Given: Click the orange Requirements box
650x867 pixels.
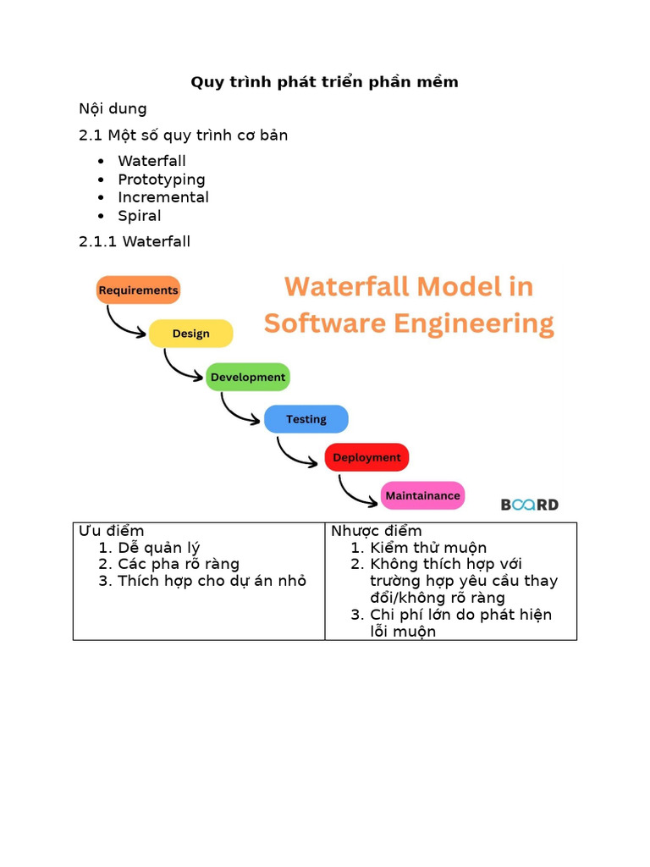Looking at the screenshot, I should tap(138, 290).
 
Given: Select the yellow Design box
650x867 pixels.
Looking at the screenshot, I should tap(190, 334).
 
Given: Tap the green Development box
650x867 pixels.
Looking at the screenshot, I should tap(248, 377).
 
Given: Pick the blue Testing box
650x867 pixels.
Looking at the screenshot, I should tap(306, 419).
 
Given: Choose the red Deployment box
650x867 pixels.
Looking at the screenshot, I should tap(366, 457).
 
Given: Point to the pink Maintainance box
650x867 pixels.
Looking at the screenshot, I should tap(422, 495).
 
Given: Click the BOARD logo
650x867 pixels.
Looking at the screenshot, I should tap(529, 505).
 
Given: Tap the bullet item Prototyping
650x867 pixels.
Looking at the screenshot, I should tap(161, 179).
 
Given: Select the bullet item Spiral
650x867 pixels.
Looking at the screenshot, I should tap(139, 216).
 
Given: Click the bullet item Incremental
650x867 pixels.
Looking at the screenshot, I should tap(162, 197).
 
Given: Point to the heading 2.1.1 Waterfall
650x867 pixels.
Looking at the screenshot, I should tap(135, 241).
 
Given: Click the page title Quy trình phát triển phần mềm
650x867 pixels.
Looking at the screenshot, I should tap(324, 82).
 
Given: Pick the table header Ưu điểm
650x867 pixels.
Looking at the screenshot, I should tap(112, 531).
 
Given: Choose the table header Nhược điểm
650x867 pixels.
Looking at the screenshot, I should tap(376, 531).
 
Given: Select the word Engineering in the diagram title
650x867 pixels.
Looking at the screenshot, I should tap(478, 323).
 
